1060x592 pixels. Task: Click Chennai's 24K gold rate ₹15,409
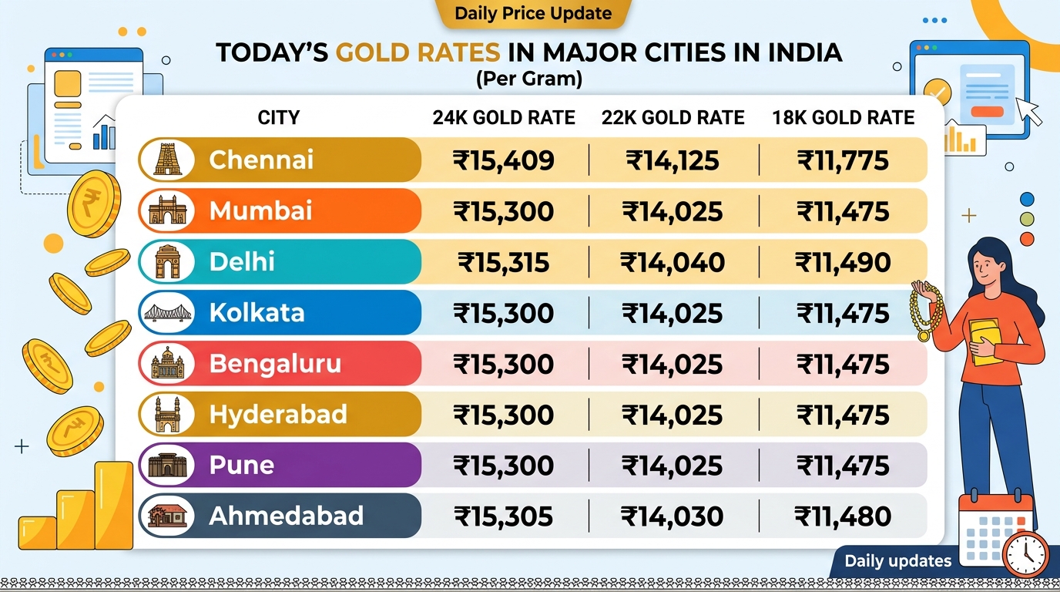click(503, 160)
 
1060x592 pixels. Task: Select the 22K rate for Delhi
click(673, 262)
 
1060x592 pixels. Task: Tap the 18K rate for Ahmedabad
click(843, 516)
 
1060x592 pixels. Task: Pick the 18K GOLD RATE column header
click(843, 118)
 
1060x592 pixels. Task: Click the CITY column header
click(278, 118)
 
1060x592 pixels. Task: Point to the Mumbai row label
click(260, 211)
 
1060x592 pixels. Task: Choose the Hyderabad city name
click(277, 415)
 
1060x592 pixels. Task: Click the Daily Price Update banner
click(533, 13)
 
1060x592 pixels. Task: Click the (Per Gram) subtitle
click(528, 78)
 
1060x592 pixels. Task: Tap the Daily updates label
click(897, 561)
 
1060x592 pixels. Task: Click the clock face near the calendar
click(1026, 553)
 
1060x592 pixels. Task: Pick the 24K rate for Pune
click(503, 466)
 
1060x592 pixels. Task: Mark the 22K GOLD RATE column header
click(673, 118)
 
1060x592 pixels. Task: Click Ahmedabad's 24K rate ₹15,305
click(503, 516)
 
